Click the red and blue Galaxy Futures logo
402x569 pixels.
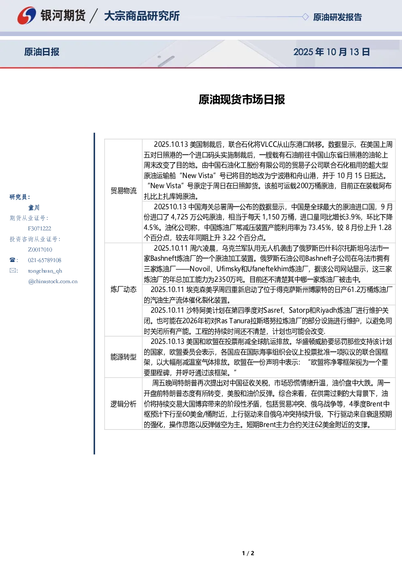[27, 15]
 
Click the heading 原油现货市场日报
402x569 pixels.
[242, 99]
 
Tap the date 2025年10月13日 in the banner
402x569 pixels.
[331, 52]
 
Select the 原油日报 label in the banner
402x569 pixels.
[42, 52]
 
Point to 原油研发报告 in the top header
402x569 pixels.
[337, 17]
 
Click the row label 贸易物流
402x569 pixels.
[124, 191]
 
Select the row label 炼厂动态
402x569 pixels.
[124, 289]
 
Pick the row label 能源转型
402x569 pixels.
[124, 357]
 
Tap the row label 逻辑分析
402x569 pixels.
[124, 404]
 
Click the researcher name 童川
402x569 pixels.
[34, 208]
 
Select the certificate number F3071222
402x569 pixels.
[40, 228]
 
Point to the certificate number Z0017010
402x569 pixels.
[40, 250]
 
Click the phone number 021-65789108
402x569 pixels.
[45, 260]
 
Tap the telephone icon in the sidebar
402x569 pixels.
[12, 260]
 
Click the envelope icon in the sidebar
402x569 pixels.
[13, 271]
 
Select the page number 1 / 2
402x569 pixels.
[248, 553]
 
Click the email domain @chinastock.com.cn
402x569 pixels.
[53, 281]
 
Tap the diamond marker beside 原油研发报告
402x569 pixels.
[305, 17]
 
